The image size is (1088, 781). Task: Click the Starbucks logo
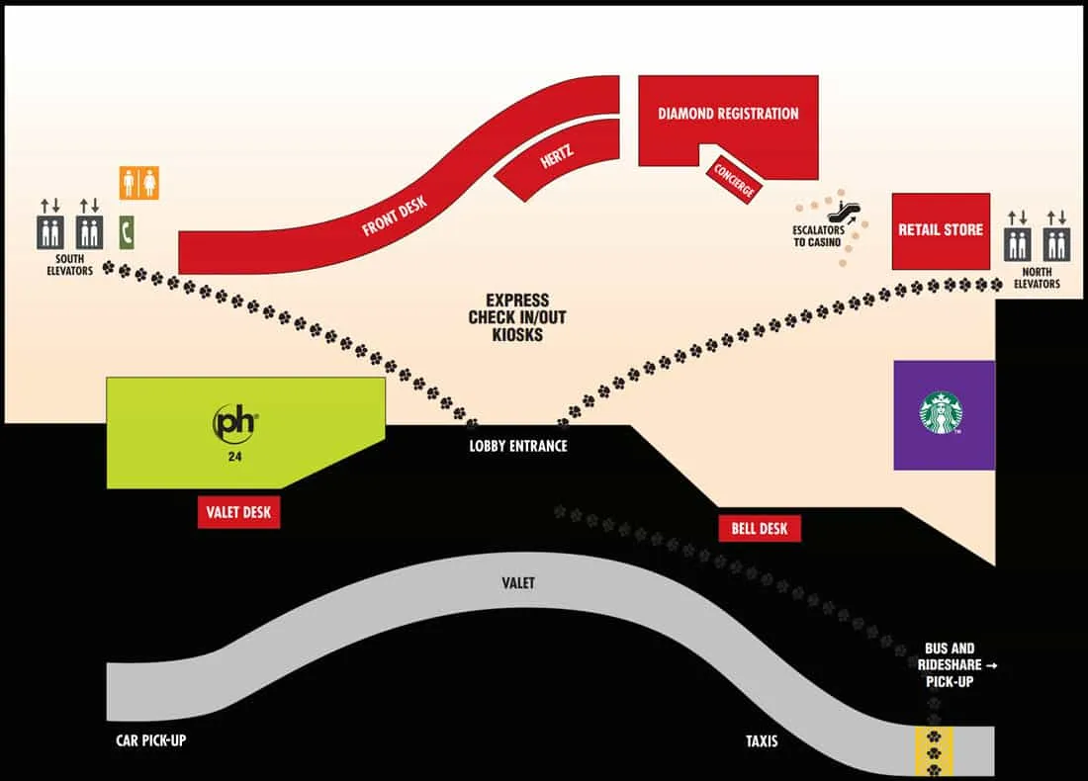941,412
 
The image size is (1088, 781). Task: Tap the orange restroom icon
138,183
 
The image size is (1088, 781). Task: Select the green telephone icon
126,232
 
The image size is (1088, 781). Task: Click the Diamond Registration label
728,114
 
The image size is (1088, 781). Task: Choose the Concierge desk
734,180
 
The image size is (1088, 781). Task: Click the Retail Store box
941,231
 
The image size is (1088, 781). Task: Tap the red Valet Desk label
238,512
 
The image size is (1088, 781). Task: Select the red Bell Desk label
760,529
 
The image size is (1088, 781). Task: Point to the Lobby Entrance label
518,446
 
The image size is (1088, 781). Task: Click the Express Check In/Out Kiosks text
517,317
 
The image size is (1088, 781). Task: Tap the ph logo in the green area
234,423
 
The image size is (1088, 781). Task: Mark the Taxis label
762,741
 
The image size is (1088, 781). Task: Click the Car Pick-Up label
150,740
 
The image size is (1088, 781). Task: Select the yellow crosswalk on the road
934,751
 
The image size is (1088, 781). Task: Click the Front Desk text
394,217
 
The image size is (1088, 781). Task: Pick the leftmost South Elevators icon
50,232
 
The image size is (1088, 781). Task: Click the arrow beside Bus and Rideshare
991,665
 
